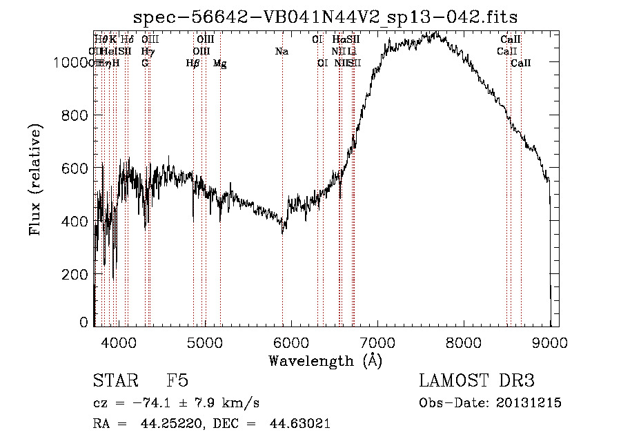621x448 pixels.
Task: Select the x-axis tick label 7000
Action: click(x=377, y=342)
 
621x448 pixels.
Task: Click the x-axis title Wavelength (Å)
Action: click(x=325, y=360)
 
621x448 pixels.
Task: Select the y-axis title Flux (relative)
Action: click(x=36, y=179)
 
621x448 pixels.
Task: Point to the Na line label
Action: click(x=282, y=52)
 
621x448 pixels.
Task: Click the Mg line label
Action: click(x=219, y=64)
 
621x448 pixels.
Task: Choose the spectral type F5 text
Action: click(x=177, y=382)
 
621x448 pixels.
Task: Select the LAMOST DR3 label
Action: click(x=477, y=382)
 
